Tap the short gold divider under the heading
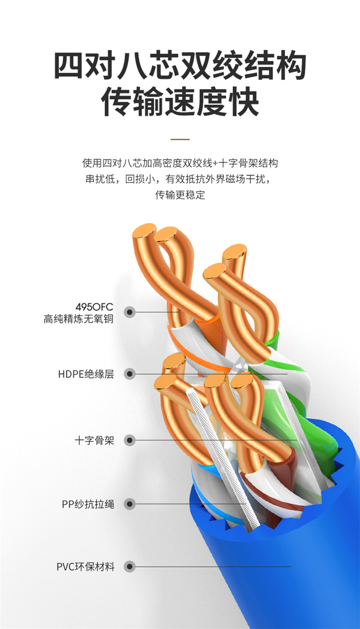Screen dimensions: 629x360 pyautogui.click(x=180, y=139)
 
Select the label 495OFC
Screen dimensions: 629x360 pyautogui.click(x=95, y=307)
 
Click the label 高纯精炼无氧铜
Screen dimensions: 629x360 pyautogui.click(x=79, y=318)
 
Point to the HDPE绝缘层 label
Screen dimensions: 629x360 pyautogui.click(x=86, y=374)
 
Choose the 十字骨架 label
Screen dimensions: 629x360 pyautogui.click(x=95, y=440)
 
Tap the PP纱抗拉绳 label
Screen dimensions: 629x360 pyautogui.click(x=88, y=504)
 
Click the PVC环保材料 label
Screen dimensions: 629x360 pyautogui.click(x=86, y=567)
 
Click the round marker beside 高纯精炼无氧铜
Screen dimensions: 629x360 pyautogui.click(x=129, y=312)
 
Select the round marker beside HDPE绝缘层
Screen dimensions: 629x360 pyautogui.click(x=129, y=374)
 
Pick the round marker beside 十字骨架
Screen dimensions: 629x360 pyautogui.click(x=129, y=440)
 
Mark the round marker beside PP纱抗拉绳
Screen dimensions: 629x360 pyautogui.click(x=129, y=504)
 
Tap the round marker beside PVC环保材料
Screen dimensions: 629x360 pyautogui.click(x=129, y=567)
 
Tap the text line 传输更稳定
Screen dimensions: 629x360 pyautogui.click(x=180, y=195)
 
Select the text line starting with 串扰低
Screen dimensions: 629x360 pyautogui.click(x=180, y=179)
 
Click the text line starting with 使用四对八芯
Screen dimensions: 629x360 pyautogui.click(x=180, y=163)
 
